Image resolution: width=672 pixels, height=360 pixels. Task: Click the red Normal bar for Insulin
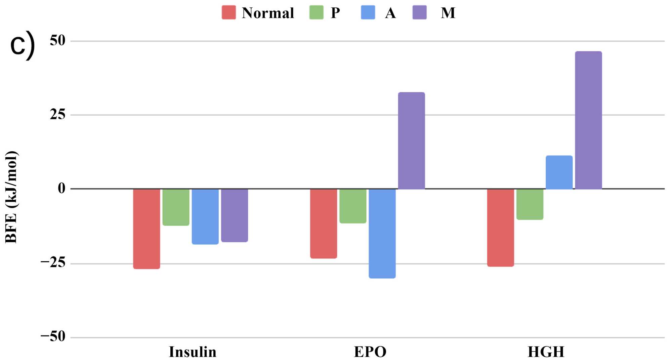146,229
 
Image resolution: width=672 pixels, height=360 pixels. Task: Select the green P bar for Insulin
176,207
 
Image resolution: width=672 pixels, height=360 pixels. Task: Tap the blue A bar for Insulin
205,216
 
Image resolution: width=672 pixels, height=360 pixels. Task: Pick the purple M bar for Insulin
235,215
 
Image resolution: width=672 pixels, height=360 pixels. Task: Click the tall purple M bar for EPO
411,141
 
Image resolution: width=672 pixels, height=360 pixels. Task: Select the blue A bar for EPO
382,233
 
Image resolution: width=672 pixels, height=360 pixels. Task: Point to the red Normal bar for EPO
323,224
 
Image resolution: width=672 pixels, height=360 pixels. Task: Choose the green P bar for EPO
353,206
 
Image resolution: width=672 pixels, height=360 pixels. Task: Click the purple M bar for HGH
588,120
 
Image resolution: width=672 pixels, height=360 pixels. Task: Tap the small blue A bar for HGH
559,172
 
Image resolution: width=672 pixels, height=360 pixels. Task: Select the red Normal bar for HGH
500,228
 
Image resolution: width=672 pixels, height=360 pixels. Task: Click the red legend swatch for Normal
229,12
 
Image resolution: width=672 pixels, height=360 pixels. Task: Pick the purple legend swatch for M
420,12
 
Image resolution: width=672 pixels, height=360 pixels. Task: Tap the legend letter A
390,13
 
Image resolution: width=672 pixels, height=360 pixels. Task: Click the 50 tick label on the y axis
57,41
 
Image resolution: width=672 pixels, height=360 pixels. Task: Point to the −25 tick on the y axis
53,263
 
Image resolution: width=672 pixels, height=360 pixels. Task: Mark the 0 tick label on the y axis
61,189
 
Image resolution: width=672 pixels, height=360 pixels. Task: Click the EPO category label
370,352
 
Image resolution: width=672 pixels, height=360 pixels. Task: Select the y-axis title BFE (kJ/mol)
11,197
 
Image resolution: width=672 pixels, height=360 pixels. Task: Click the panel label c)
23,45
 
